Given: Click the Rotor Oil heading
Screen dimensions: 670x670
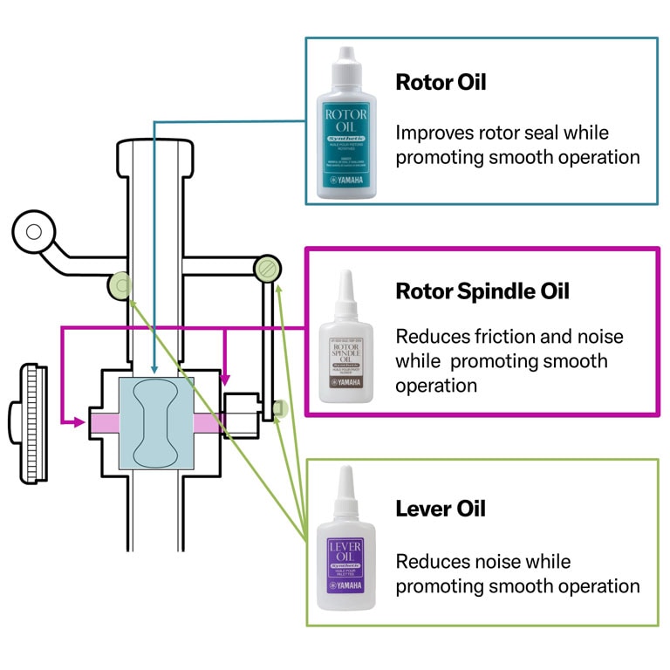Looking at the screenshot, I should (441, 83).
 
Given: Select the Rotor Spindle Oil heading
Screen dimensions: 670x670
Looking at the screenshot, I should (482, 291).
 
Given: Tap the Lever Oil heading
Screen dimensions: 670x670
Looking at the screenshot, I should (441, 509).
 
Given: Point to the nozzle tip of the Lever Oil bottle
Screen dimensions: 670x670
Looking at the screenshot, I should (346, 471).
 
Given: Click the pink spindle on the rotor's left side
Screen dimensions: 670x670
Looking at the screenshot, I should (104, 422).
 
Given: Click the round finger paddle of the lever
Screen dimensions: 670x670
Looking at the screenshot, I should (33, 231).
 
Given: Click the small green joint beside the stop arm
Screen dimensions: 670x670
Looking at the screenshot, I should (279, 407).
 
